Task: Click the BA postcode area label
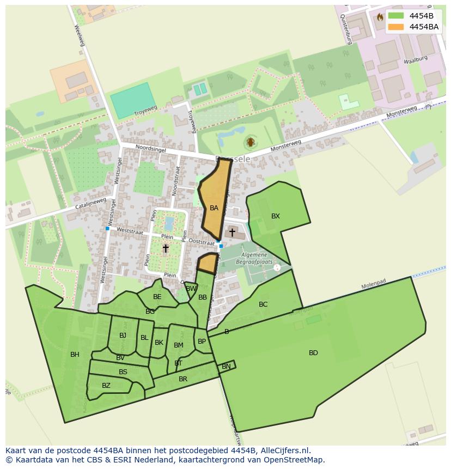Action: [x=214, y=208]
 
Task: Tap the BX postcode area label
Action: [x=276, y=216]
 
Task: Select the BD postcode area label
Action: [x=313, y=353]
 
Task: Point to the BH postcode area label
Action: [x=75, y=355]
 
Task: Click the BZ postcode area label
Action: [x=106, y=386]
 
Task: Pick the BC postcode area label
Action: [x=263, y=304]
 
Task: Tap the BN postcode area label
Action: [x=226, y=367]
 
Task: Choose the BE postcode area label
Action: [x=157, y=297]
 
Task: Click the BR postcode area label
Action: [x=183, y=379]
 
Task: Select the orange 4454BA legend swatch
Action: [x=396, y=27]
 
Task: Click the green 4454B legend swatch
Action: [x=396, y=16]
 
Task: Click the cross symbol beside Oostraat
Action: [x=232, y=233]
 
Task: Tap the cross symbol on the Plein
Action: [x=166, y=248]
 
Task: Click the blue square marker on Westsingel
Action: [x=107, y=229]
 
